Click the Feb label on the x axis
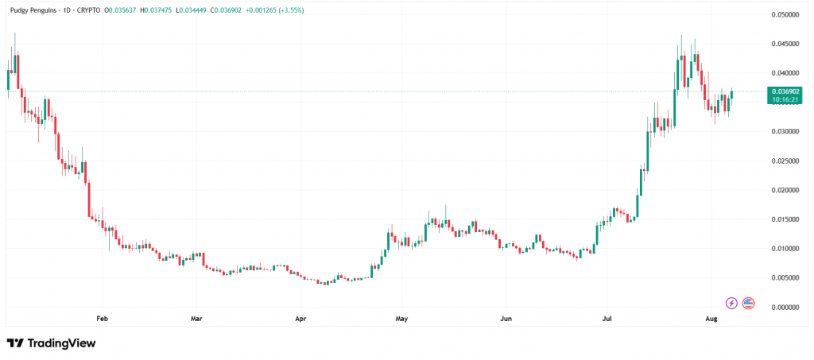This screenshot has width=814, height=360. point(102,319)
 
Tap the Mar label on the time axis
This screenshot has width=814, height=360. point(196,319)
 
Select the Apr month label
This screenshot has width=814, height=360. point(300,319)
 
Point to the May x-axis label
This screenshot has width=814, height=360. point(401,319)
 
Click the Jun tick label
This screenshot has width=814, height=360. point(506,319)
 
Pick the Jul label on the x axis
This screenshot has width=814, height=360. point(607,319)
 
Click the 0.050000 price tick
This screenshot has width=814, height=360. point(785,14)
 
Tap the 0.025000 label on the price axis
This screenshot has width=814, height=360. point(785,161)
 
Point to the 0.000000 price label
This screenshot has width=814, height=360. point(785,307)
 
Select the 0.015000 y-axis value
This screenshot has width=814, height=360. point(785,219)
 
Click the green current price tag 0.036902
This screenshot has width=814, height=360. point(785,92)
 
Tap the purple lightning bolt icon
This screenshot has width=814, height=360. point(731,303)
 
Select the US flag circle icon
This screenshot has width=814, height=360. point(748,303)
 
